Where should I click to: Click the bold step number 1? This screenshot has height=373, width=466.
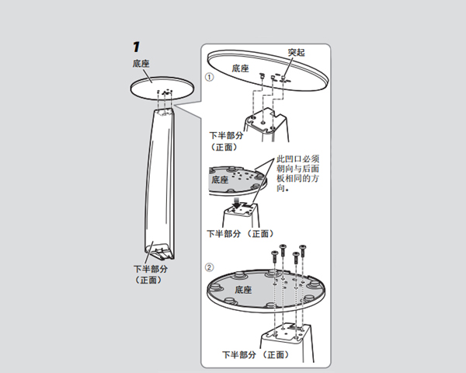[x=136, y=47]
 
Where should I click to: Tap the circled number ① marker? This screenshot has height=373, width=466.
[x=210, y=77]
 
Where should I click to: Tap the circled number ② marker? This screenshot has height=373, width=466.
[x=210, y=267]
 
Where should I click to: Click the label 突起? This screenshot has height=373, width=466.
[x=296, y=52]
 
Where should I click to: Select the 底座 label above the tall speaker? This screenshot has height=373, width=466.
[x=141, y=64]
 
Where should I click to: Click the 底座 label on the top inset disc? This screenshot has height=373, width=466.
[x=240, y=68]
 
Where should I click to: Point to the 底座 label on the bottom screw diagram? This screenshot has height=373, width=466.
[x=243, y=290]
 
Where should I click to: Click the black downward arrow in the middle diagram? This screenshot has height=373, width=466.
[x=238, y=204]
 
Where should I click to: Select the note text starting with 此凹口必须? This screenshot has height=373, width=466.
[x=297, y=173]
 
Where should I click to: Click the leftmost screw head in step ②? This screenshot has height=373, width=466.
[x=275, y=253]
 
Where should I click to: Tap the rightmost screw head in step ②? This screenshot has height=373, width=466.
[x=303, y=247]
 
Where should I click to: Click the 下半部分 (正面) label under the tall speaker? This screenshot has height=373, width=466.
[x=151, y=274]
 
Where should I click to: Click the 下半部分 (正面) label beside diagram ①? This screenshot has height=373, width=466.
[x=226, y=141]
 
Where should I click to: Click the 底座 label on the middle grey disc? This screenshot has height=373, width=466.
[x=220, y=180]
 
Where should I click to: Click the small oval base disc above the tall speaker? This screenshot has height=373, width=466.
[x=162, y=88]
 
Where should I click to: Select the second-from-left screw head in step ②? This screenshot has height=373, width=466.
[x=283, y=246]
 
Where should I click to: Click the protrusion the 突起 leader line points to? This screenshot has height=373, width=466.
[x=283, y=78]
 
